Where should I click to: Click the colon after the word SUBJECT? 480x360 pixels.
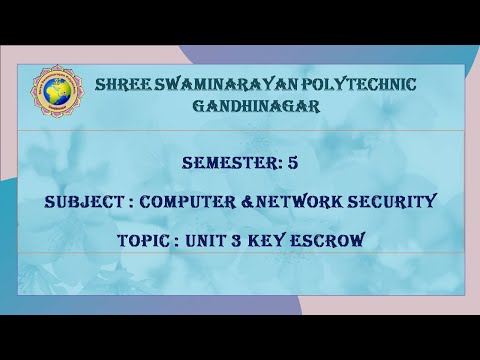click(128, 202)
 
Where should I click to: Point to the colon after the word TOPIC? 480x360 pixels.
click(183, 241)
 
